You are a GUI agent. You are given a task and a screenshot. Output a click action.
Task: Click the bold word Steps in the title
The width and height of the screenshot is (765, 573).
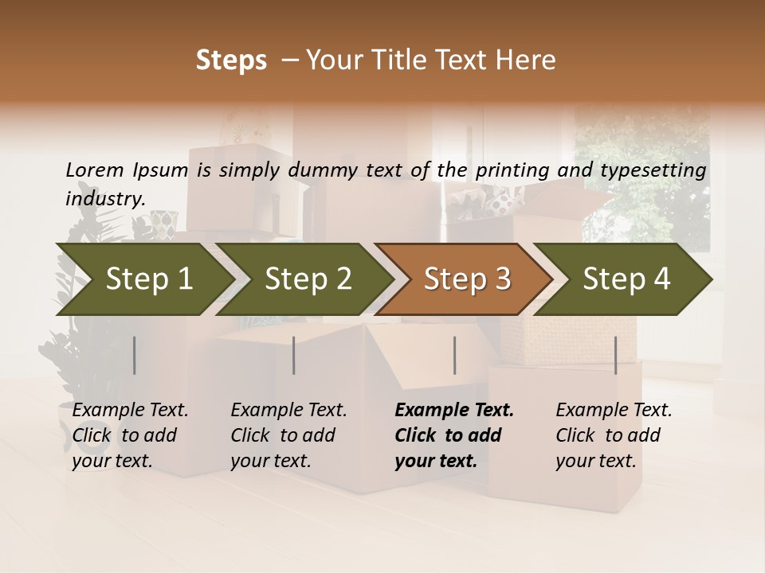point(231,60)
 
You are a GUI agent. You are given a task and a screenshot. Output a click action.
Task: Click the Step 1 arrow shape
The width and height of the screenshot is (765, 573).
point(143,279)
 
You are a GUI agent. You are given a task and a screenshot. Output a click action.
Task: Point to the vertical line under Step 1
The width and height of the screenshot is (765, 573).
point(134,355)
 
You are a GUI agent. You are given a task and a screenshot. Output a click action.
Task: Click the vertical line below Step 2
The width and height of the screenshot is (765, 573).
point(294,355)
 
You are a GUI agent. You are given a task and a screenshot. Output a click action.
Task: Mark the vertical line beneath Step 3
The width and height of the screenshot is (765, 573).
point(454,355)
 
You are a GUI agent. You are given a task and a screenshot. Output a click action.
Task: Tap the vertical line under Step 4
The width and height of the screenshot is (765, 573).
point(615,355)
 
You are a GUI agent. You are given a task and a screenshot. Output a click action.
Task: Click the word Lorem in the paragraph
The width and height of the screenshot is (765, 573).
point(95,170)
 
